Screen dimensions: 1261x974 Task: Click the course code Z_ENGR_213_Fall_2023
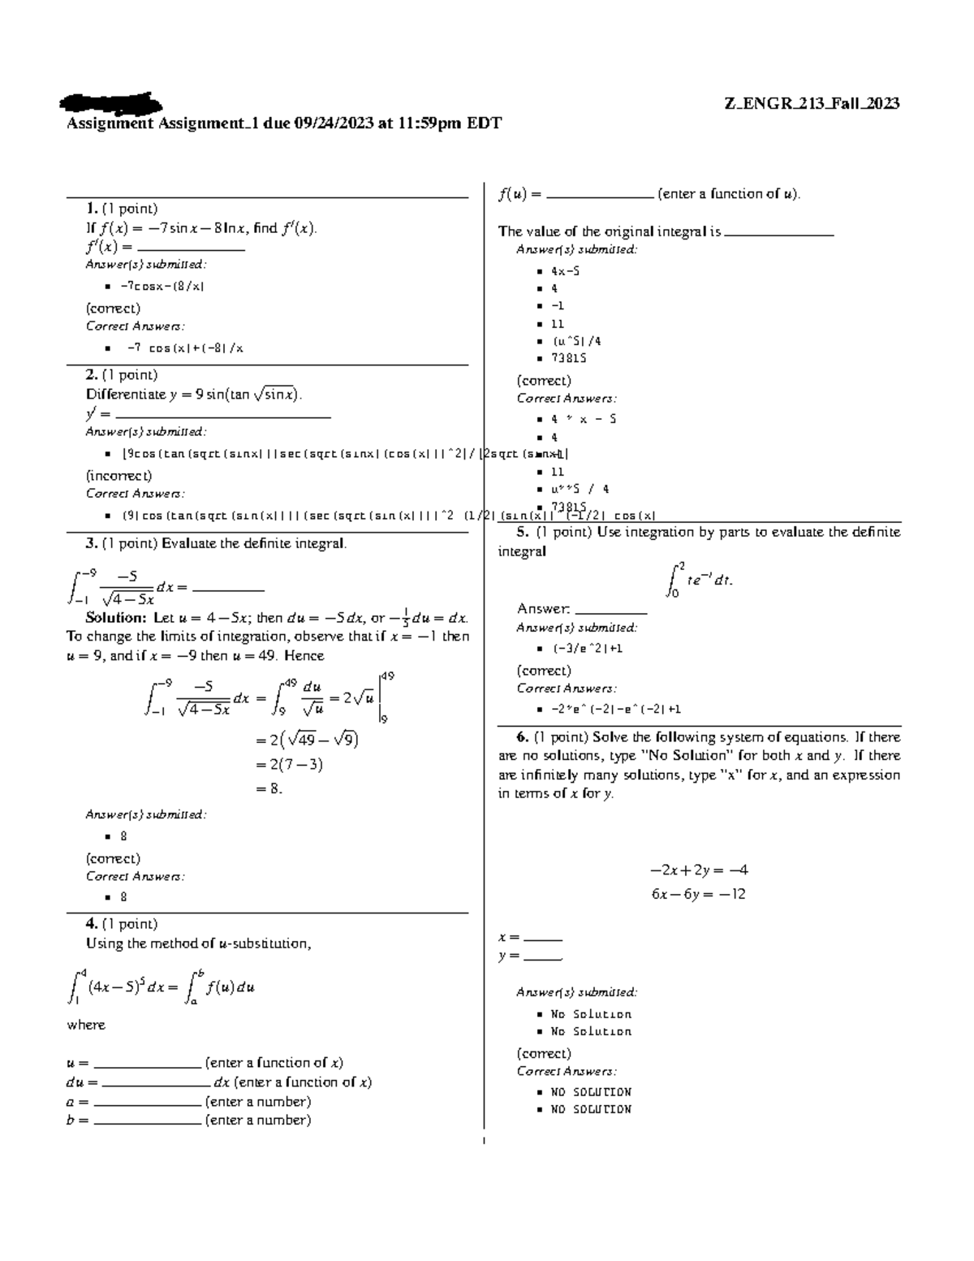812,103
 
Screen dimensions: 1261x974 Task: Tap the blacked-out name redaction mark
110,103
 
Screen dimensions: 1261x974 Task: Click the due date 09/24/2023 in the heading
334,123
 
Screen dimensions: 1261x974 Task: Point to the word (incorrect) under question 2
119,475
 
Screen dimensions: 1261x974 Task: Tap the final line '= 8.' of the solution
269,788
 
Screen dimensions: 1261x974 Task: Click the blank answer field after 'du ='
156,1082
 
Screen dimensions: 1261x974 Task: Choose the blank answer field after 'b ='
147,1121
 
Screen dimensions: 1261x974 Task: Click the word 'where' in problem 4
87,1025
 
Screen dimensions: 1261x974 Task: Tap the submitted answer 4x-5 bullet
565,271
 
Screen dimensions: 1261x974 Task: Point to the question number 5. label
523,533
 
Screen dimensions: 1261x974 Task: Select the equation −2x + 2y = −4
699,870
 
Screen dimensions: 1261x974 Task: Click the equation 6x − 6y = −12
698,894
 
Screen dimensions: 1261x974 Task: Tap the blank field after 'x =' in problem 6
543,937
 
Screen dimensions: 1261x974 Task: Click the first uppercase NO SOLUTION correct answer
590,1092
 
